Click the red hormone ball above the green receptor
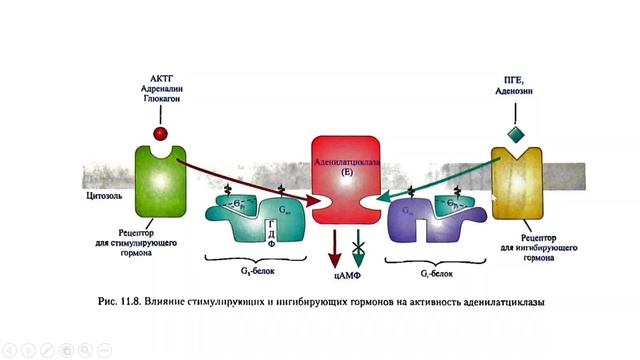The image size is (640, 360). (x=159, y=133)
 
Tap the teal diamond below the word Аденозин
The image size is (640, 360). (x=515, y=135)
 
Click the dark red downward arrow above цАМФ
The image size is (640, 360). (x=334, y=245)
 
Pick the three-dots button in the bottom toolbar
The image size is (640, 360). (x=104, y=350)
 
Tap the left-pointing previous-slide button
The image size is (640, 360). (x=8, y=350)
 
